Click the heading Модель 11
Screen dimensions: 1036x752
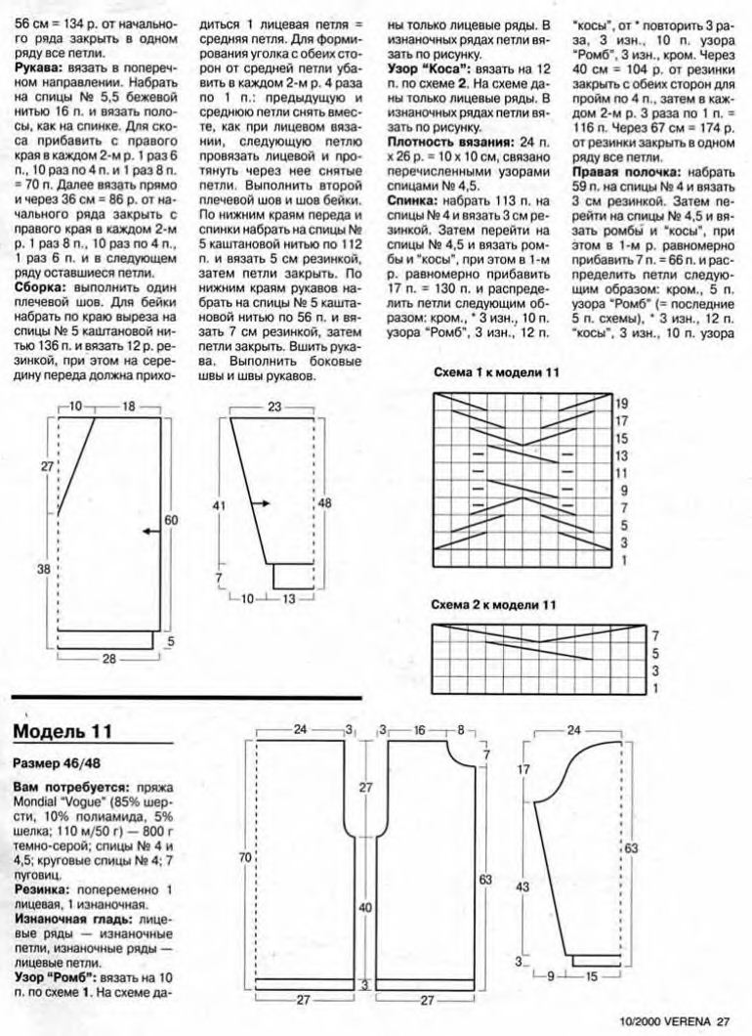pos(63,732)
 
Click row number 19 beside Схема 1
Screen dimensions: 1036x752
pos(622,403)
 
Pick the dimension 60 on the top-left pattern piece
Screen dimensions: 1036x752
pos(171,521)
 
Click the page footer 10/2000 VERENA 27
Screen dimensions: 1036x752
pos(674,1022)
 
